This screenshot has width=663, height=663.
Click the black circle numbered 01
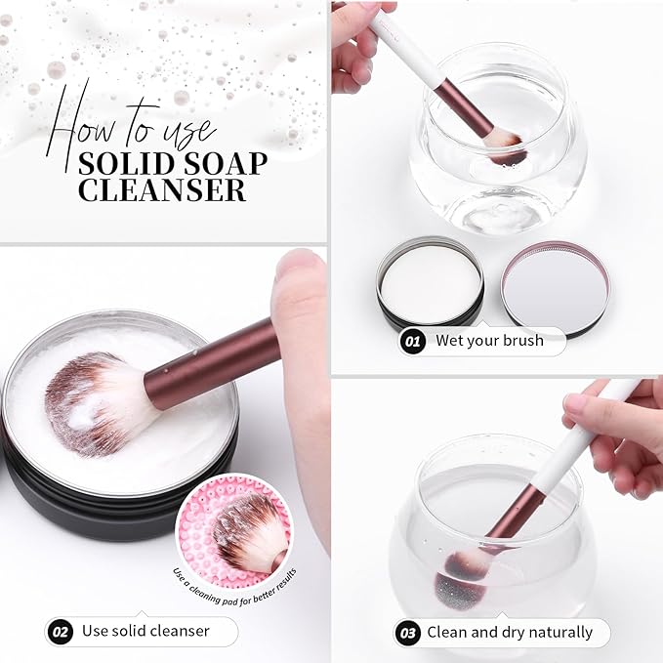click(x=412, y=342)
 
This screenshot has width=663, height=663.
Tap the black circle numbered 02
click(x=60, y=631)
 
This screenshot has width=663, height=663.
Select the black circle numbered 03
click(x=408, y=632)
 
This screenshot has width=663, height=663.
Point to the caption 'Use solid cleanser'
click(x=146, y=631)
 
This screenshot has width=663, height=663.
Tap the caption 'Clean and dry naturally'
click(x=509, y=632)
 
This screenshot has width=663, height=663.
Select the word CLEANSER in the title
click(x=161, y=188)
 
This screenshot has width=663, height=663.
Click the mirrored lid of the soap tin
click(x=554, y=288)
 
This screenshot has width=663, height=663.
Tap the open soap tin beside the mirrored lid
click(x=430, y=285)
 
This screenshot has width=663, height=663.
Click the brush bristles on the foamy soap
click(x=98, y=400)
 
